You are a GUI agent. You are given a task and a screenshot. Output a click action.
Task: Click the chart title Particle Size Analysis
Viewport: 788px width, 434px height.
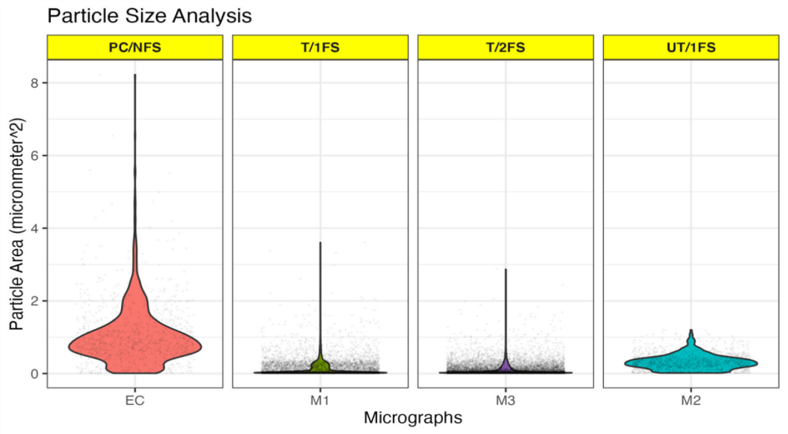[x=149, y=16]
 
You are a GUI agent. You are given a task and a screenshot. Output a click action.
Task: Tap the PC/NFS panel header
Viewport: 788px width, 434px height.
[x=135, y=48]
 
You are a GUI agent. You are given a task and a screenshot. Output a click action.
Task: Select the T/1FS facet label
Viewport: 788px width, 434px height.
[x=320, y=48]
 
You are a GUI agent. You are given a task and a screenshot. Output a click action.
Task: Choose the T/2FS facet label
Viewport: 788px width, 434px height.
[x=506, y=48]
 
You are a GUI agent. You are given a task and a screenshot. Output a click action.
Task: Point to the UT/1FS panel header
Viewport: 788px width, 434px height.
[x=691, y=48]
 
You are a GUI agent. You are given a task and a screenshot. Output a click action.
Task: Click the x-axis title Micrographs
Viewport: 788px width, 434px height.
[x=412, y=418]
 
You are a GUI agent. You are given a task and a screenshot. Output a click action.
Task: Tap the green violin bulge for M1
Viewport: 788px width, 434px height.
[x=320, y=365]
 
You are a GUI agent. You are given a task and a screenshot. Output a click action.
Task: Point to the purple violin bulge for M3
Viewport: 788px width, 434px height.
[x=506, y=366]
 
